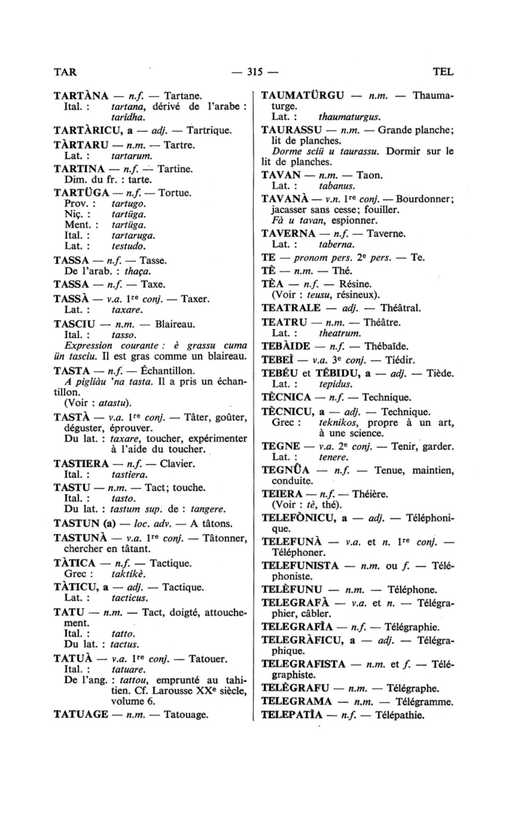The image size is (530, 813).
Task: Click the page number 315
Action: [x=256, y=72]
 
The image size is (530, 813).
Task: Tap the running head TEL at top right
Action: [x=443, y=72]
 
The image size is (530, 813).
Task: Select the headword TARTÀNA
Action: [x=81, y=96]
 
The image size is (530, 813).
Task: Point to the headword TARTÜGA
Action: [x=81, y=193]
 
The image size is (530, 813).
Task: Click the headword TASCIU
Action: [x=75, y=324]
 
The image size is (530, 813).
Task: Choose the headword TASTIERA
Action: [x=81, y=463]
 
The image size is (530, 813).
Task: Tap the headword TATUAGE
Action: [x=81, y=715]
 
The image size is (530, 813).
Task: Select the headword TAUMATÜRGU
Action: [x=303, y=96]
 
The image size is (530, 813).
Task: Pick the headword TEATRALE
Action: [x=291, y=308]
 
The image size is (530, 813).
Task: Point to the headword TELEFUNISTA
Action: [x=300, y=565]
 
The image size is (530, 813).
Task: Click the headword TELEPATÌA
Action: [x=292, y=716]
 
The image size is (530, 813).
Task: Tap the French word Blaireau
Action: [x=175, y=324]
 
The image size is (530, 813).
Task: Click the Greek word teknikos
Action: [x=338, y=423]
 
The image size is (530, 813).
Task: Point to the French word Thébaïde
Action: [x=387, y=346]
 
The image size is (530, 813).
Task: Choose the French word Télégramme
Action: [x=424, y=702]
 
